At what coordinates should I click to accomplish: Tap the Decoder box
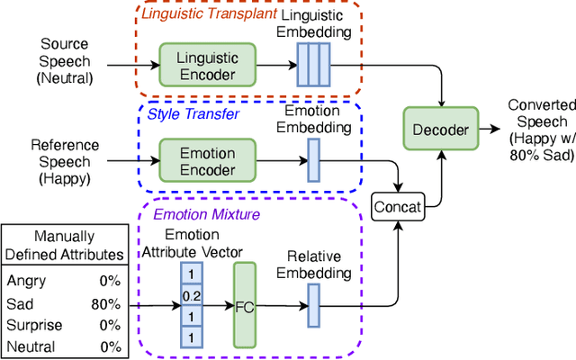[x=441, y=130]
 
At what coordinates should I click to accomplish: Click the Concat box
[x=397, y=206]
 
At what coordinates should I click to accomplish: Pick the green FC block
[x=245, y=305]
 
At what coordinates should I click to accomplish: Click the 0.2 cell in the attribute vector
[x=191, y=295]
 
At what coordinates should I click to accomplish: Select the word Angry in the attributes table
[x=27, y=282]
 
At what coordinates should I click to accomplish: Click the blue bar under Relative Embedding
[x=313, y=305]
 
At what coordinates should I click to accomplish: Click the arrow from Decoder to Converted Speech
[x=490, y=130]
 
